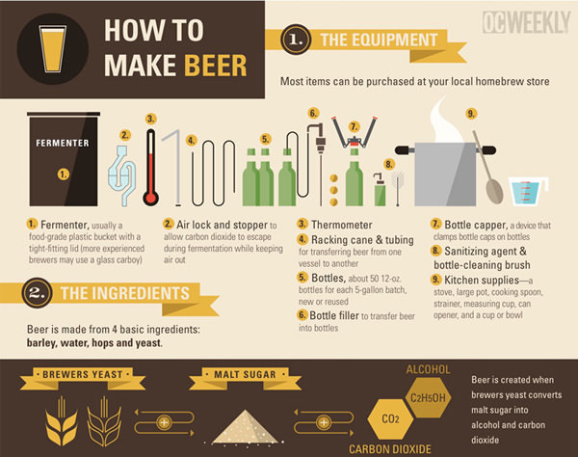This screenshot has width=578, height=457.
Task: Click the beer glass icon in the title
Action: tap(53, 48)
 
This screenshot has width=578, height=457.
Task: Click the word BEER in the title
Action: tap(215, 66)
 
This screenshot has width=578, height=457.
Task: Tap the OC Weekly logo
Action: tap(526, 22)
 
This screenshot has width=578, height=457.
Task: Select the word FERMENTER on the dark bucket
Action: tap(63, 143)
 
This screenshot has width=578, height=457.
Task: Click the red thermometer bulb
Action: tap(151, 198)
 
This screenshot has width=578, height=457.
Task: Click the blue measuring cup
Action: tap(528, 191)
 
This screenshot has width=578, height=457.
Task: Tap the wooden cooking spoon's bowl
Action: tap(494, 190)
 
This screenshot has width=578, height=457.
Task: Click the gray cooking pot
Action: tap(445, 174)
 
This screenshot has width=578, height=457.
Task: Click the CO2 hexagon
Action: tap(390, 418)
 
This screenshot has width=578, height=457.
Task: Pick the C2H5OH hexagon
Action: tap(428, 398)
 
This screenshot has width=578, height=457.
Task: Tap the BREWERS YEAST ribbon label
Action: tap(83, 375)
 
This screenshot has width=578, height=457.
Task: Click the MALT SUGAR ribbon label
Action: tap(245, 375)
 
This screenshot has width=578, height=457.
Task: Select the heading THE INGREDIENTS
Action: tap(125, 293)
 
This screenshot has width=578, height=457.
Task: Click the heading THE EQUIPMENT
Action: tap(379, 40)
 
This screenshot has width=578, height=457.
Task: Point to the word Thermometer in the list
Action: tap(342, 225)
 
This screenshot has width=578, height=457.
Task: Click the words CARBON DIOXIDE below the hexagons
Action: tap(390, 449)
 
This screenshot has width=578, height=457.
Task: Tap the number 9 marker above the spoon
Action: tap(471, 113)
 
